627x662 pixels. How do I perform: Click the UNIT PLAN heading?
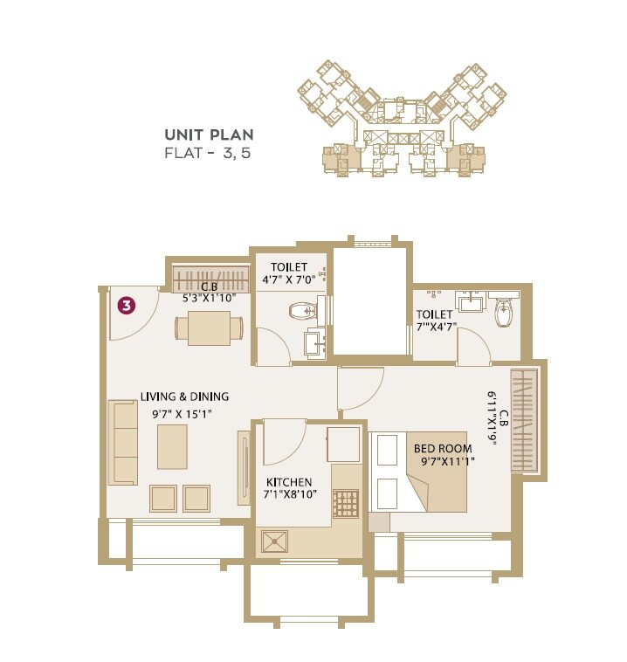[x=209, y=134]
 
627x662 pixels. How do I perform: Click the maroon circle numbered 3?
[x=127, y=306]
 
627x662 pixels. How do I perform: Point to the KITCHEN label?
[x=289, y=482]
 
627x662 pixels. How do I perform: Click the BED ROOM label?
[x=443, y=449]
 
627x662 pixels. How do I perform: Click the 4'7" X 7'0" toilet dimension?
[x=289, y=281]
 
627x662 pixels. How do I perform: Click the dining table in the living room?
[x=209, y=328]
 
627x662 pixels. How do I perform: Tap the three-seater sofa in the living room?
[x=123, y=442]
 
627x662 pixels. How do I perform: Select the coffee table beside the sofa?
[x=172, y=447]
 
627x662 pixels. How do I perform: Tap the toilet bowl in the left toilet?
[x=301, y=310]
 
